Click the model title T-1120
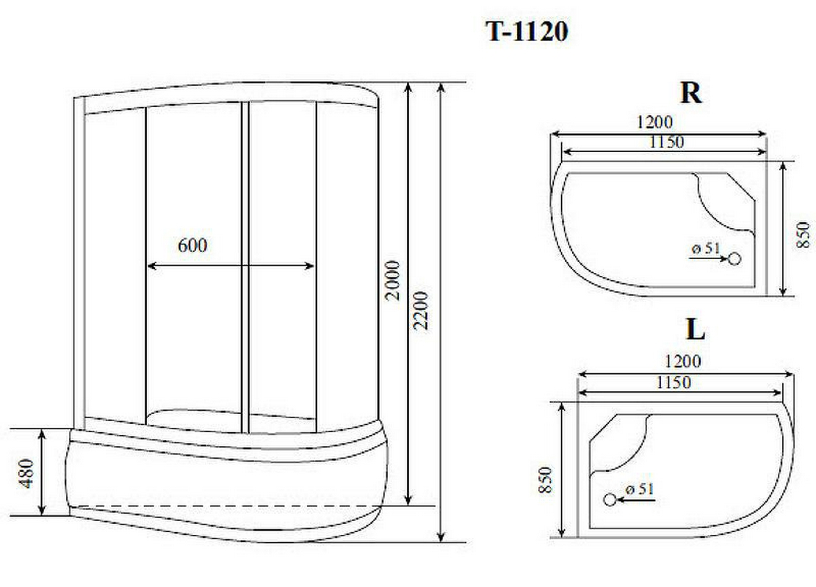[x=527, y=32]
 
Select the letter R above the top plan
[x=691, y=93]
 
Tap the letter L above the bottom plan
[x=696, y=329]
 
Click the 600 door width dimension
[x=192, y=245]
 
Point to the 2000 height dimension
[x=393, y=280]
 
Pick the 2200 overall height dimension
[x=421, y=310]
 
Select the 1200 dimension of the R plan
[x=654, y=123]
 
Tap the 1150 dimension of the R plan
[x=666, y=142]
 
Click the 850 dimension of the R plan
[x=804, y=235]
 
